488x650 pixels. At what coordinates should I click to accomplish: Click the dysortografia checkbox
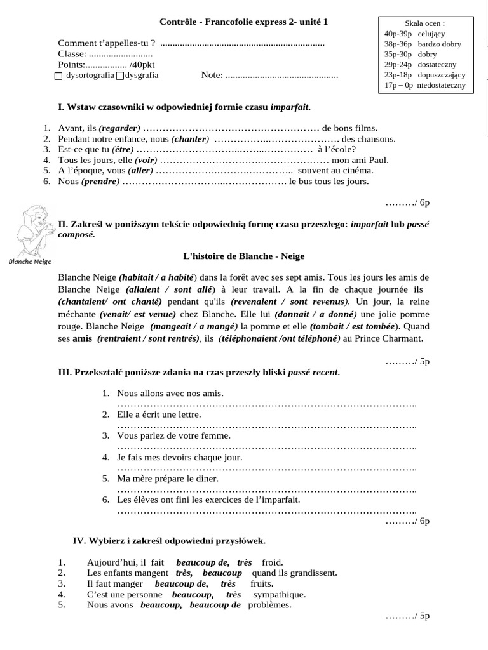coord(59,76)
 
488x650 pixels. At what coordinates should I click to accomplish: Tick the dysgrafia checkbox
coord(120,76)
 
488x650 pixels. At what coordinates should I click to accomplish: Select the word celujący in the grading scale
coord(433,34)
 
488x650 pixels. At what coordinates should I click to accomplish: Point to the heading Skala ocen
coord(424,23)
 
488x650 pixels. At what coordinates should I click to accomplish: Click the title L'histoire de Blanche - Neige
coord(243,256)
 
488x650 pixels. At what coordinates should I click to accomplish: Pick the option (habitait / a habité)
coord(158,277)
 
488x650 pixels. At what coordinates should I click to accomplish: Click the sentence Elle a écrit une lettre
coord(159,415)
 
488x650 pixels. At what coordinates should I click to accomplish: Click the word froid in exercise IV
coord(272,562)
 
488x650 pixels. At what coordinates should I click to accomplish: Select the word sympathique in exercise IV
coord(279,594)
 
